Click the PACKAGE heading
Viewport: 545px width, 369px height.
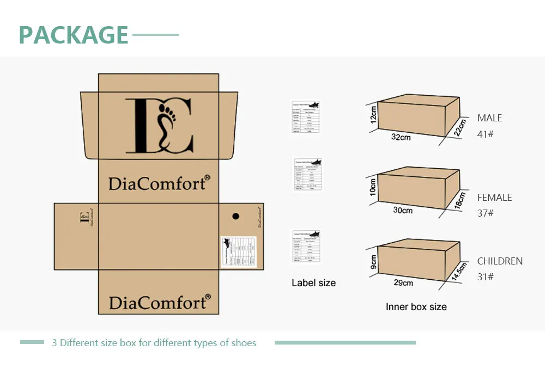[74, 35]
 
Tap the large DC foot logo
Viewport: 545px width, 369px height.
[159, 126]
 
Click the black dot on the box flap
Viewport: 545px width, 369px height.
[235, 216]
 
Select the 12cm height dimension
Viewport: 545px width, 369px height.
[373, 114]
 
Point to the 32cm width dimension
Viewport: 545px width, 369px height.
[401, 137]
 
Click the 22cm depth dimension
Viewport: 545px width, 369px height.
[459, 128]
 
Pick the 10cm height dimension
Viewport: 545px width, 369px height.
[373, 187]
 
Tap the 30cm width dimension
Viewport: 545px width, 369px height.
[403, 210]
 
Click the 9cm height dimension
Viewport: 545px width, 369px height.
[373, 262]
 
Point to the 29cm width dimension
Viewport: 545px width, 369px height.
[403, 283]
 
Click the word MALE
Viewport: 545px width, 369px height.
[489, 118]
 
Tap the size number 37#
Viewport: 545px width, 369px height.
[485, 213]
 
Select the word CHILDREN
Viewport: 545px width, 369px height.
[500, 261]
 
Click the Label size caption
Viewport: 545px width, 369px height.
[313, 283]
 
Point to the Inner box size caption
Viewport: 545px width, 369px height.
[416, 307]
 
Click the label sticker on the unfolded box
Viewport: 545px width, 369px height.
[239, 252]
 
